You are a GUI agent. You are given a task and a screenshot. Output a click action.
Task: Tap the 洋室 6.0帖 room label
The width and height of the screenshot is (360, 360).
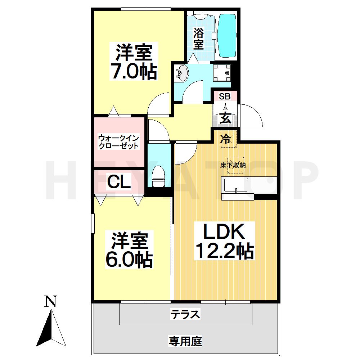click(x=129, y=251)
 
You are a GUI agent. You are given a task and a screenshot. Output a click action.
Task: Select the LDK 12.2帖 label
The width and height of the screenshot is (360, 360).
click(x=224, y=241)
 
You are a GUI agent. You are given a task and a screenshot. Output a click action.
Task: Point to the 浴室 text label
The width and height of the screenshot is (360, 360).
click(x=198, y=39)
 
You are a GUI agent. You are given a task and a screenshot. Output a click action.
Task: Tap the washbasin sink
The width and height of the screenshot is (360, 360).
click(x=182, y=73)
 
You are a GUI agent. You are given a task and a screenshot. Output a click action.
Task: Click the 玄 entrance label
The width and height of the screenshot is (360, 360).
click(x=225, y=117)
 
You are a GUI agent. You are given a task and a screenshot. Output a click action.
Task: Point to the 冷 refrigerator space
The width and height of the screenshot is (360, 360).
click(x=226, y=139)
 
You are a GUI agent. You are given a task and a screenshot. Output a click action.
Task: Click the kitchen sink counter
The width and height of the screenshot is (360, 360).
click(x=248, y=185)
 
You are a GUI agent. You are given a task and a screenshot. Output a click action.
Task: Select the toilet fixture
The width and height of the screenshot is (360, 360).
click(x=158, y=176)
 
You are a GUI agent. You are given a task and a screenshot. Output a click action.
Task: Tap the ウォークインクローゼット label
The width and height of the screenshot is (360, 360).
click(x=118, y=142)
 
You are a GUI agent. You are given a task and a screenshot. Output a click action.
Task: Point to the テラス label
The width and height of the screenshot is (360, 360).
click(x=185, y=314)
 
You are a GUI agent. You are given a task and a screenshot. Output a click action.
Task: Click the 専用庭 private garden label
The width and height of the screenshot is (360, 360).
click(x=185, y=341)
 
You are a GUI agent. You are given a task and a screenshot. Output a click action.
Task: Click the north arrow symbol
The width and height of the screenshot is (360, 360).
click(x=51, y=329)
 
